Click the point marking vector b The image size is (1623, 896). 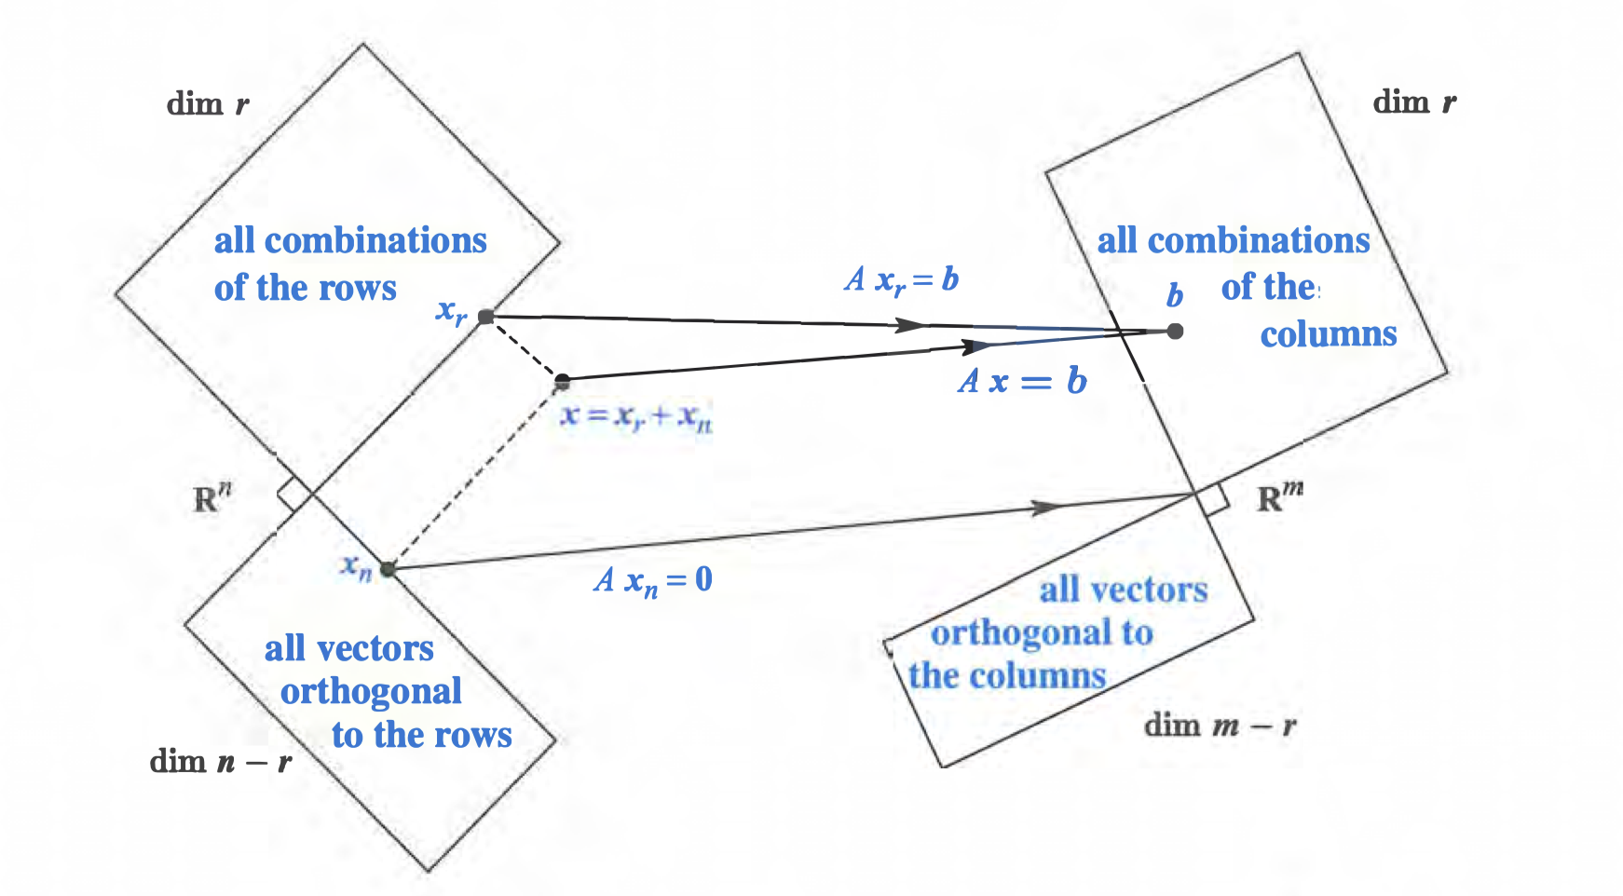point(1175,331)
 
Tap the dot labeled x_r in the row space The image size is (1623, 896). point(485,317)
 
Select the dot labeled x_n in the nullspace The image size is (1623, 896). point(388,569)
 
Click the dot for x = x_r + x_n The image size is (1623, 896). point(562,381)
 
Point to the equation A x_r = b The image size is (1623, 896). point(902,278)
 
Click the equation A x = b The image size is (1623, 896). point(1022,381)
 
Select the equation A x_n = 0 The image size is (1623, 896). point(653,579)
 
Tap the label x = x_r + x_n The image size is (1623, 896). point(636,415)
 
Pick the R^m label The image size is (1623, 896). point(1279,498)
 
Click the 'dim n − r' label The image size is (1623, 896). point(221,762)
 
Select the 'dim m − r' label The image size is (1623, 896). point(1220,725)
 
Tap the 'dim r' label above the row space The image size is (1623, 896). point(208,103)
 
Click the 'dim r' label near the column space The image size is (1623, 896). point(1414,102)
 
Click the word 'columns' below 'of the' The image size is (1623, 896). point(1329,334)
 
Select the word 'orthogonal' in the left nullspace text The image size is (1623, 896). point(1043,633)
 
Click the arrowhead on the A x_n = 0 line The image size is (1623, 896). point(1048,508)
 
